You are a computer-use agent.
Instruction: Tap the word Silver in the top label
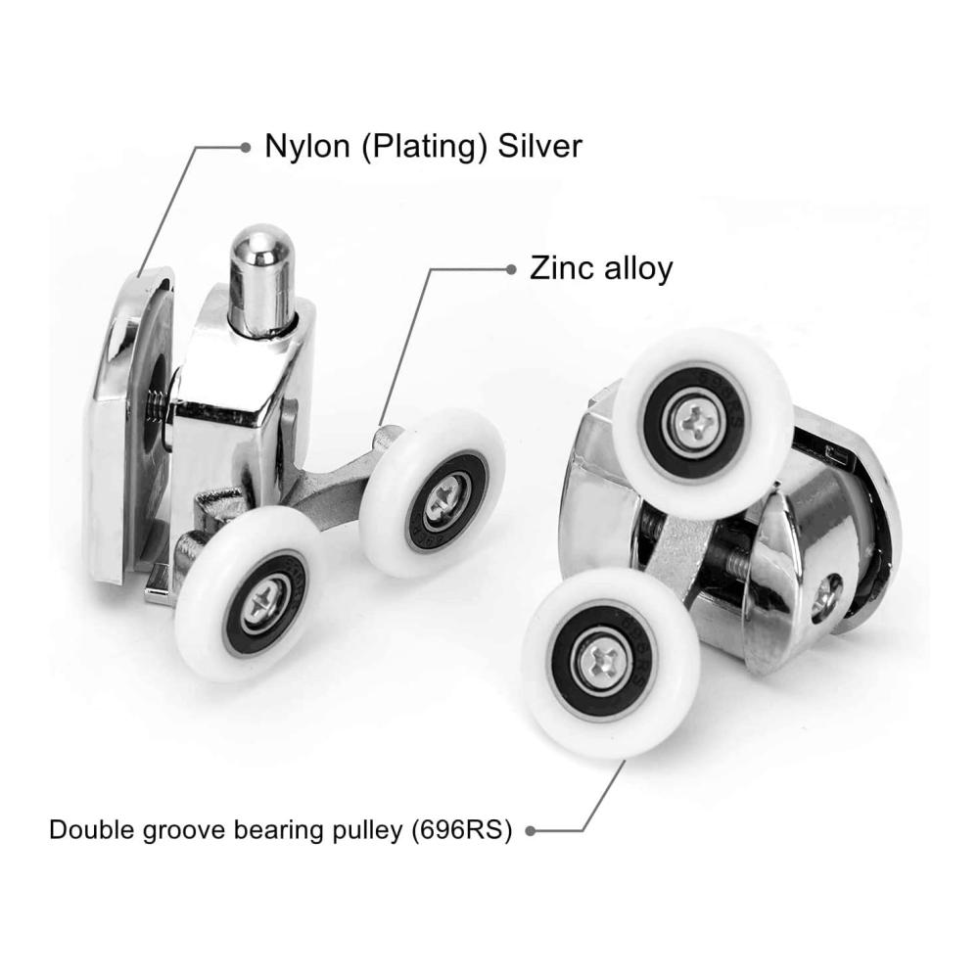click(539, 146)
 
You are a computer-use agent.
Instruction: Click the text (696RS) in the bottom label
click(461, 830)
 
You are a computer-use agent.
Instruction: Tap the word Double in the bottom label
click(91, 830)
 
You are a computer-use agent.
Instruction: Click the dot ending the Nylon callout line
click(246, 148)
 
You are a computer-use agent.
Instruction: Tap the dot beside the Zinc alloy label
click(511, 270)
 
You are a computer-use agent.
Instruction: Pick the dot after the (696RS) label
click(531, 831)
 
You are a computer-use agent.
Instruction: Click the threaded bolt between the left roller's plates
click(156, 406)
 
